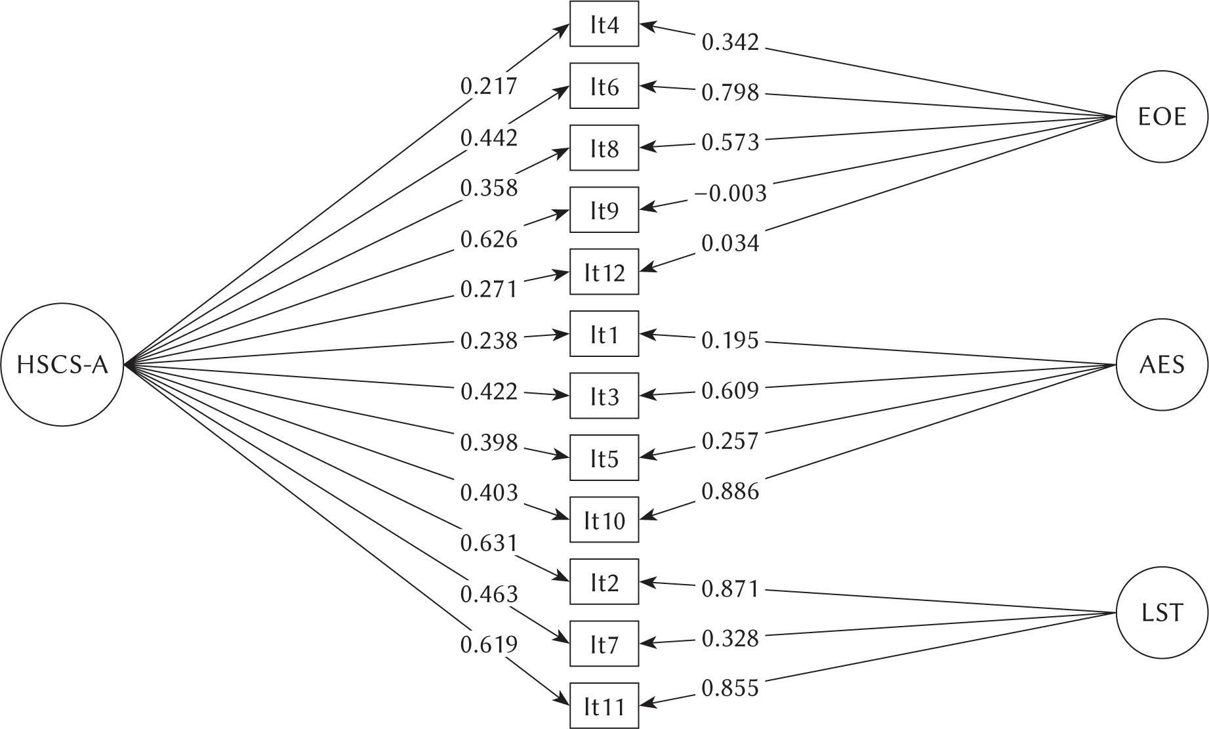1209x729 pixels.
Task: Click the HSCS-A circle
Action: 62,365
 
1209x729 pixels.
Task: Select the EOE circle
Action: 1162,118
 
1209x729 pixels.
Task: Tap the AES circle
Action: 1162,365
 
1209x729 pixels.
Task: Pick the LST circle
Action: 1162,613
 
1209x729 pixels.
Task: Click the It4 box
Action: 604,24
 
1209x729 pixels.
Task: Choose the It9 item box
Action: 604,210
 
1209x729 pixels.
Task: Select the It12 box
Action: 604,272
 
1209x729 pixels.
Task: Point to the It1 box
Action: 604,334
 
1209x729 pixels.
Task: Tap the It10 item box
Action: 604,520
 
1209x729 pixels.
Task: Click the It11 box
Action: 604,706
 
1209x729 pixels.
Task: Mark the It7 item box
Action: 604,644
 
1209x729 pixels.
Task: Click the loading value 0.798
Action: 730,93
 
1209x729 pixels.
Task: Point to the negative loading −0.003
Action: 729,193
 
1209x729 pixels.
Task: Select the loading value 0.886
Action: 730,491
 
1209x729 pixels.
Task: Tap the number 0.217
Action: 489,86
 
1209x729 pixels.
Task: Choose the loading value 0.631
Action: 489,543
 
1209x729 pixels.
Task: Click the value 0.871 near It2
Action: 730,589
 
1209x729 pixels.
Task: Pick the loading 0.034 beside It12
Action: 730,243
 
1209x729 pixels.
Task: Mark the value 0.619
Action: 489,645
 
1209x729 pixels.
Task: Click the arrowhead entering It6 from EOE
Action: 645,86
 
